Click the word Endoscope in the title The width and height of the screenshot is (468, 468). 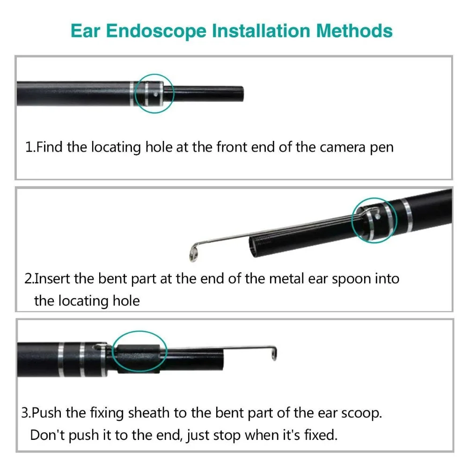156,31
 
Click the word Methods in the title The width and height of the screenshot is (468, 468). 354,31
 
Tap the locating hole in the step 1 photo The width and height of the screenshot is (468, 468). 155,94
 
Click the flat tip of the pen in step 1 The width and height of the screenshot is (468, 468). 242,94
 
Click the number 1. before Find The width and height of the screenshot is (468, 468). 30,147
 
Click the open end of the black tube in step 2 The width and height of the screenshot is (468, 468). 253,245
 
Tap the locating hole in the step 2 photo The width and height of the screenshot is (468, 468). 378,217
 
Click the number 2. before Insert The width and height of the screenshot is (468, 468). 29,279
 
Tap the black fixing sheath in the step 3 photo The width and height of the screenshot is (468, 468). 138,358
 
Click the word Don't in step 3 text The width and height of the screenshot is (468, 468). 47,435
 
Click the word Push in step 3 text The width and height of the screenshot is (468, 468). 46,413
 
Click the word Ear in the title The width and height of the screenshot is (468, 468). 85,31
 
